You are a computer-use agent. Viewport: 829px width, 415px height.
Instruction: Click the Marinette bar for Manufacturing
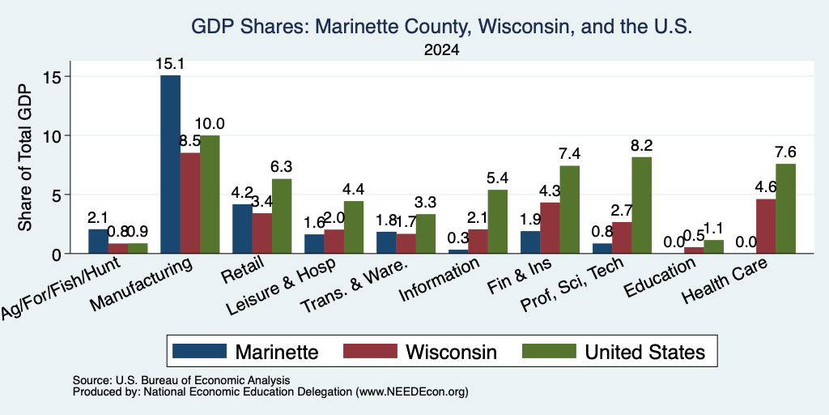tap(170, 164)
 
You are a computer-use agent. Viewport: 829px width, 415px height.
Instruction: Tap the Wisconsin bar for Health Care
tap(766, 226)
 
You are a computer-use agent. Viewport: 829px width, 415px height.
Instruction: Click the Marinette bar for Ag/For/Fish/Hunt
tap(98, 241)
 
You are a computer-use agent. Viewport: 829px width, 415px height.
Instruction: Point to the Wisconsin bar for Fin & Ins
tap(550, 228)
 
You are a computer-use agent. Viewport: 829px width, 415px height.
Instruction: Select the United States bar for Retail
tap(282, 216)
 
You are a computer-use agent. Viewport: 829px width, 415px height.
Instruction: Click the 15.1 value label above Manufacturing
tap(170, 64)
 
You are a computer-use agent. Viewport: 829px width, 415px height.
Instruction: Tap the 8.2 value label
tap(641, 145)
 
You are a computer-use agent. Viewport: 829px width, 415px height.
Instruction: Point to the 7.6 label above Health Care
tap(785, 152)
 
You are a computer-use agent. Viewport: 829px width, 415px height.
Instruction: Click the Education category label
tap(659, 279)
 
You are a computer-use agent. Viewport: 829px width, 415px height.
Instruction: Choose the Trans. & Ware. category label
tap(355, 286)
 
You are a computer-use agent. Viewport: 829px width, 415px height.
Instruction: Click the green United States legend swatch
tap(549, 351)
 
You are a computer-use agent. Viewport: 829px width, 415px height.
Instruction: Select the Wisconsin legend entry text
tap(451, 352)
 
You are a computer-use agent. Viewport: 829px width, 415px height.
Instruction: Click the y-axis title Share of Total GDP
tap(25, 157)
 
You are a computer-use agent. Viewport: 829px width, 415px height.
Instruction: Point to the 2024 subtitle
tap(441, 50)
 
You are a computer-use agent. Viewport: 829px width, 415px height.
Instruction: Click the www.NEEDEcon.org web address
tap(412, 392)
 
